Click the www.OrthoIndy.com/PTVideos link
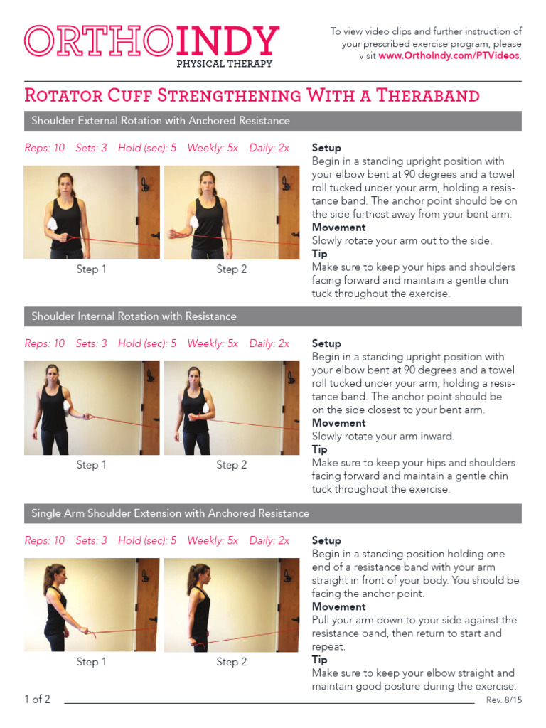point(449,56)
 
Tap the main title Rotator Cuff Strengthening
point(252,95)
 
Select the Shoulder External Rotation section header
point(161,121)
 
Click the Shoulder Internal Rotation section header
point(134,316)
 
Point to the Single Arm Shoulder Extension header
point(171,513)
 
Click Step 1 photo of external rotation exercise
point(91,212)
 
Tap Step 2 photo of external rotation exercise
point(231,212)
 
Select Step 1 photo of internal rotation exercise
point(91,408)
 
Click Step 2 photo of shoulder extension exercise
point(231,605)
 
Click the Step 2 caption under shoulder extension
point(232,662)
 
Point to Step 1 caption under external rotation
point(92,269)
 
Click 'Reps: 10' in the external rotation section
point(45,148)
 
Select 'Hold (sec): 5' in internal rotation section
point(147,343)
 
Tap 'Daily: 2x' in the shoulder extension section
point(269,540)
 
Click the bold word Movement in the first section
point(339,227)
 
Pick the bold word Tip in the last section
point(320,660)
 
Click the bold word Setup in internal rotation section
point(326,343)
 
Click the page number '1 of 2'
point(37,700)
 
